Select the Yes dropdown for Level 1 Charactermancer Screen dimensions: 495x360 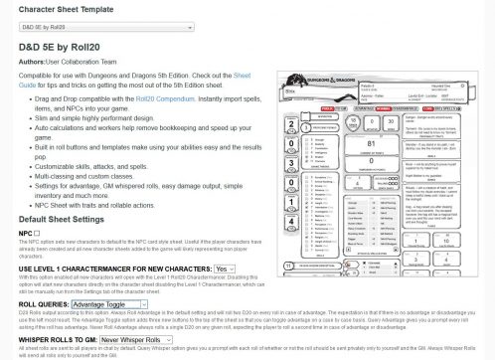tap(225, 268)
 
